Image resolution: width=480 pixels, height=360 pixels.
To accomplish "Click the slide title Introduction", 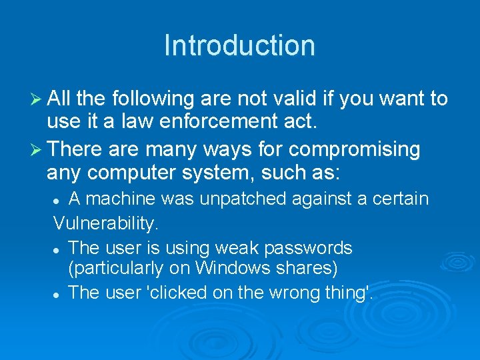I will pyautogui.click(x=239, y=45).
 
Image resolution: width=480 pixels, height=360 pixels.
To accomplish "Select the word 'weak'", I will pyautogui.click(x=236, y=247).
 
